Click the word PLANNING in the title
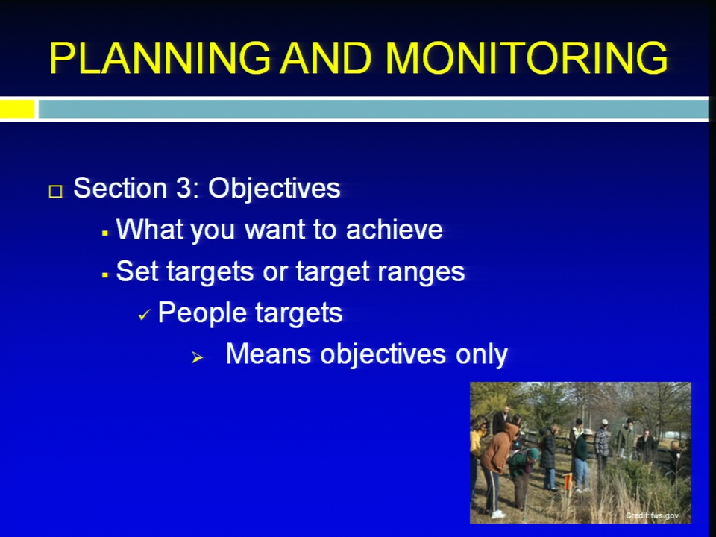click(x=160, y=58)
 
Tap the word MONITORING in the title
click(x=527, y=58)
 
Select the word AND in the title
click(x=326, y=58)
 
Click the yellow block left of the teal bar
click(x=17, y=109)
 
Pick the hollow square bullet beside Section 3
click(x=56, y=191)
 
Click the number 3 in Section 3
click(x=183, y=188)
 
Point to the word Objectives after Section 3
click(x=274, y=189)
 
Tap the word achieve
click(x=394, y=229)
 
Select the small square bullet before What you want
click(x=105, y=233)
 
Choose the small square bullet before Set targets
click(x=105, y=275)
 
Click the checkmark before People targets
click(x=144, y=315)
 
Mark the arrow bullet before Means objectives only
click(x=197, y=357)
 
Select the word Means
click(x=268, y=354)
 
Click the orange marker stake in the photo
click(x=568, y=481)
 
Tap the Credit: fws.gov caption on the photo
click(x=652, y=515)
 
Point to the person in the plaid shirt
click(x=603, y=441)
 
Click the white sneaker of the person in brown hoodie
click(x=497, y=515)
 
